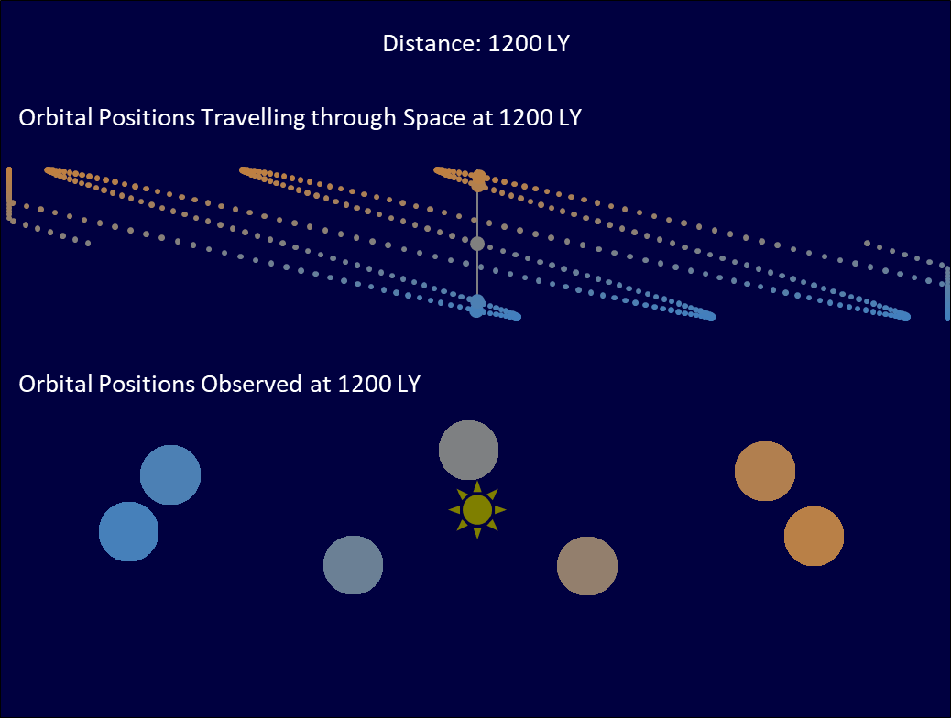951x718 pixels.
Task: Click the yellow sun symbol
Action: [477, 510]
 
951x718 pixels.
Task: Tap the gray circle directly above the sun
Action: [469, 450]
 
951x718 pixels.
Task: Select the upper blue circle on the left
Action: [170, 474]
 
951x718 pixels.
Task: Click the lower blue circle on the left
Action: [128, 532]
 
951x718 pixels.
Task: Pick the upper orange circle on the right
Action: [765, 471]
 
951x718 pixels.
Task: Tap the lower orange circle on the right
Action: [814, 536]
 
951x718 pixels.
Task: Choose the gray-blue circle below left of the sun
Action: [353, 565]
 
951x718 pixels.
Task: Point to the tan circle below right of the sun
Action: [587, 566]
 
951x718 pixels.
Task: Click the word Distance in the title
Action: [432, 44]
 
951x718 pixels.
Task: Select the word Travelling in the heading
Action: [253, 117]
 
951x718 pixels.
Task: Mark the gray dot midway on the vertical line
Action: [477, 244]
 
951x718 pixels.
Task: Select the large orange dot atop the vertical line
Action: [478, 180]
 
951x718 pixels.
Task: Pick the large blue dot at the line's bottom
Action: [477, 306]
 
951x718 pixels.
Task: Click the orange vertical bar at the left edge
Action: [9, 193]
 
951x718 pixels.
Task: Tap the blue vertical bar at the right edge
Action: [947, 292]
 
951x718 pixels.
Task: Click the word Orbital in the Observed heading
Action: [56, 384]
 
